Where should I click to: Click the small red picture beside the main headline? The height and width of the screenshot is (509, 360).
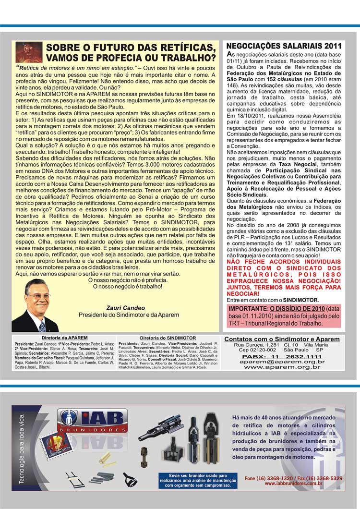[x=29, y=52]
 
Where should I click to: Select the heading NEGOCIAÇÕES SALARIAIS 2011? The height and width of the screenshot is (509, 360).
[x=284, y=46]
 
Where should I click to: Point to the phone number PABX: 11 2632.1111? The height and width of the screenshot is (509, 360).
[x=282, y=357]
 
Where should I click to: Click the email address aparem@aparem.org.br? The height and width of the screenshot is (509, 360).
[x=282, y=362]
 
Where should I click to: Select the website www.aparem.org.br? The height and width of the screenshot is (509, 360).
[x=282, y=367]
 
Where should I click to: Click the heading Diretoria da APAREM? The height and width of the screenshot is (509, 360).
[x=64, y=338]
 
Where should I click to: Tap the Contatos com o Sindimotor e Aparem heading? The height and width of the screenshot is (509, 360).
[x=282, y=339]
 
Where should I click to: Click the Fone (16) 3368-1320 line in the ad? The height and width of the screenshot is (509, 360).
[x=293, y=478]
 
